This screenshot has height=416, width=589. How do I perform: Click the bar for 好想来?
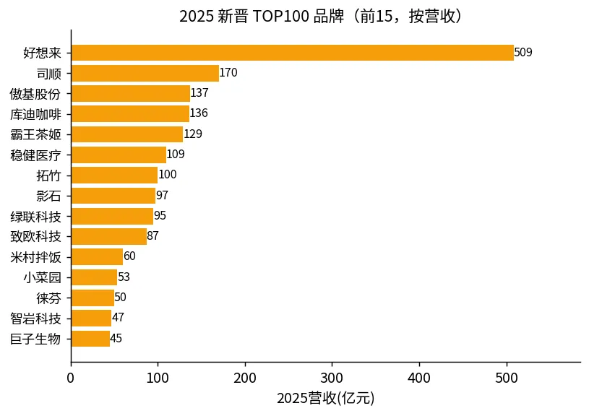pyautogui.click(x=293, y=53)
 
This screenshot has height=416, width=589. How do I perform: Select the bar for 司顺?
pyautogui.click(x=145, y=73)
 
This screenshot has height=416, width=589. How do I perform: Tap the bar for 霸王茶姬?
pyautogui.click(x=127, y=134)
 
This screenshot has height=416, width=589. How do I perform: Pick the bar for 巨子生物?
pyautogui.click(x=91, y=338)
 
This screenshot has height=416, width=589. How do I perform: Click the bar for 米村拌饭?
pyautogui.click(x=98, y=256)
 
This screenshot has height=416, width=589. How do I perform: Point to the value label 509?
pyautogui.click(x=523, y=52)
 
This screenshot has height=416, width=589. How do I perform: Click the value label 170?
pyautogui.click(x=228, y=72)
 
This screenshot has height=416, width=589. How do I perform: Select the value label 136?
pyautogui.click(x=199, y=113)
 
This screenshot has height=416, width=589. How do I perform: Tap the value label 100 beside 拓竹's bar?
pyautogui.click(x=168, y=174)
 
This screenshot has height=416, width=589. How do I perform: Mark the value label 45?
pyautogui.click(x=116, y=338)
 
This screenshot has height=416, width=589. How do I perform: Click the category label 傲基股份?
pyautogui.click(x=35, y=94)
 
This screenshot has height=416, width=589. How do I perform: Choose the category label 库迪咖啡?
pyautogui.click(x=35, y=114)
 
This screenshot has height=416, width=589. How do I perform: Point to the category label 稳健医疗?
pyautogui.click(x=35, y=155)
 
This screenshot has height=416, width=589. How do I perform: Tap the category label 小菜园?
pyautogui.click(x=42, y=277)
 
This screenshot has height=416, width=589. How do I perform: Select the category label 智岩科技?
pyautogui.click(x=35, y=318)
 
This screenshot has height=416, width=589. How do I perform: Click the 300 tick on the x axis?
pyautogui.click(x=332, y=378)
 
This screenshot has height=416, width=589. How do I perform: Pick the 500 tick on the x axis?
pyautogui.click(x=507, y=378)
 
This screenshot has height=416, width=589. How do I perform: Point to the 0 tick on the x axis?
pyautogui.click(x=71, y=378)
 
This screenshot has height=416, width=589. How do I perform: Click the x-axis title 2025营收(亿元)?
pyautogui.click(x=326, y=399)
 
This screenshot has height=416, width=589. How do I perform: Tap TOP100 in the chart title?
pyautogui.click(x=280, y=17)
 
